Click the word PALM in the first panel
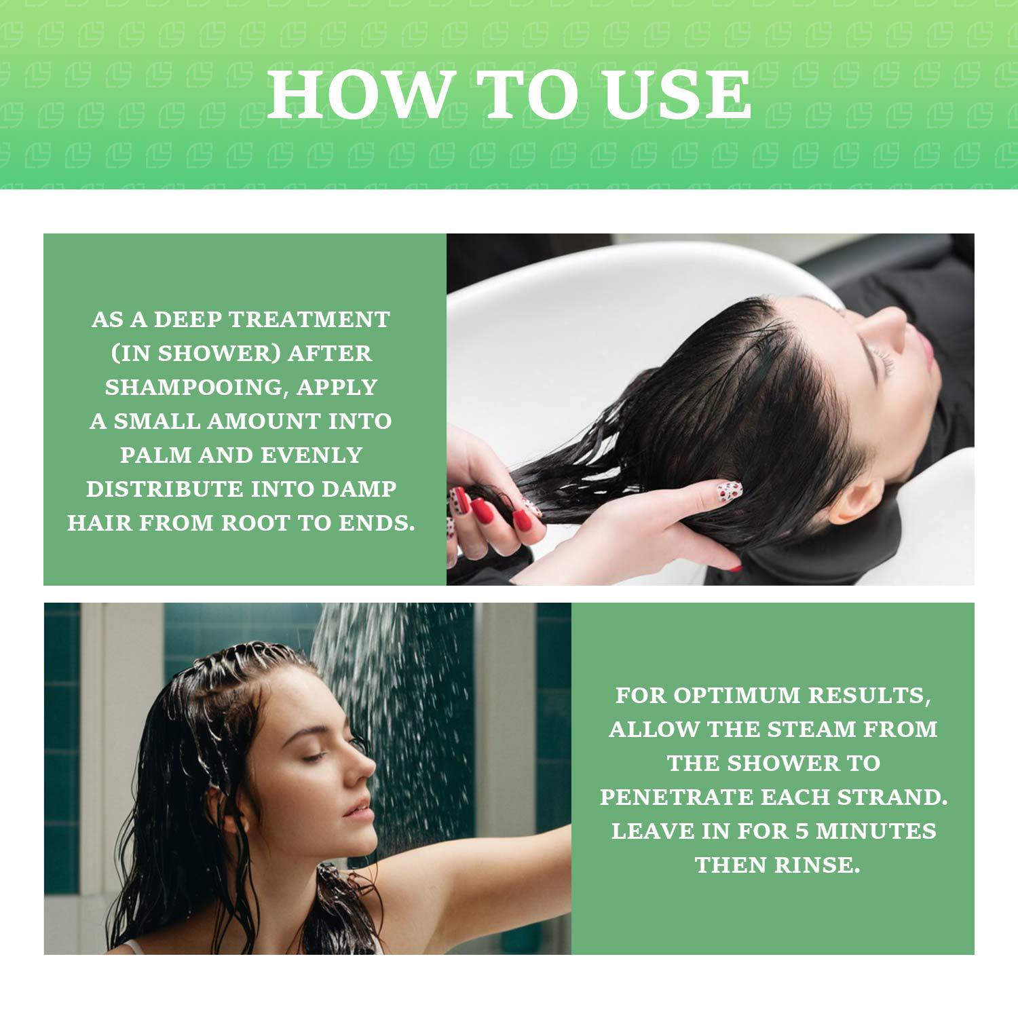(x=155, y=455)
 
